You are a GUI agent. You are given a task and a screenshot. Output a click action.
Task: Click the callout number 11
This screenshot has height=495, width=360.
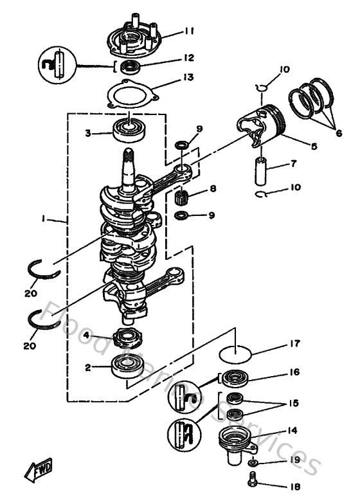[188, 30]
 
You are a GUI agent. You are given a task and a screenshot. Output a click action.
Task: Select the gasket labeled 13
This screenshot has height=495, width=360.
[132, 95]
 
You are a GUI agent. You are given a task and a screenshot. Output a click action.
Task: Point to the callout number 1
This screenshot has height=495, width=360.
[43, 219]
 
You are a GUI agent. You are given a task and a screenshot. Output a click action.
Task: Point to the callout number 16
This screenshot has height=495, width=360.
[294, 372]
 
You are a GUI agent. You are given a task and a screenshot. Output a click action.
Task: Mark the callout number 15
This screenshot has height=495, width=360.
[294, 403]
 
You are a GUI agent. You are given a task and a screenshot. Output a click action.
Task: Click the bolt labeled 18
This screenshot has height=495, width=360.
[251, 479]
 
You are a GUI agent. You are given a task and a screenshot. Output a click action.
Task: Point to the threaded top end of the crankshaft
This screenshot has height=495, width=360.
[129, 155]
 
